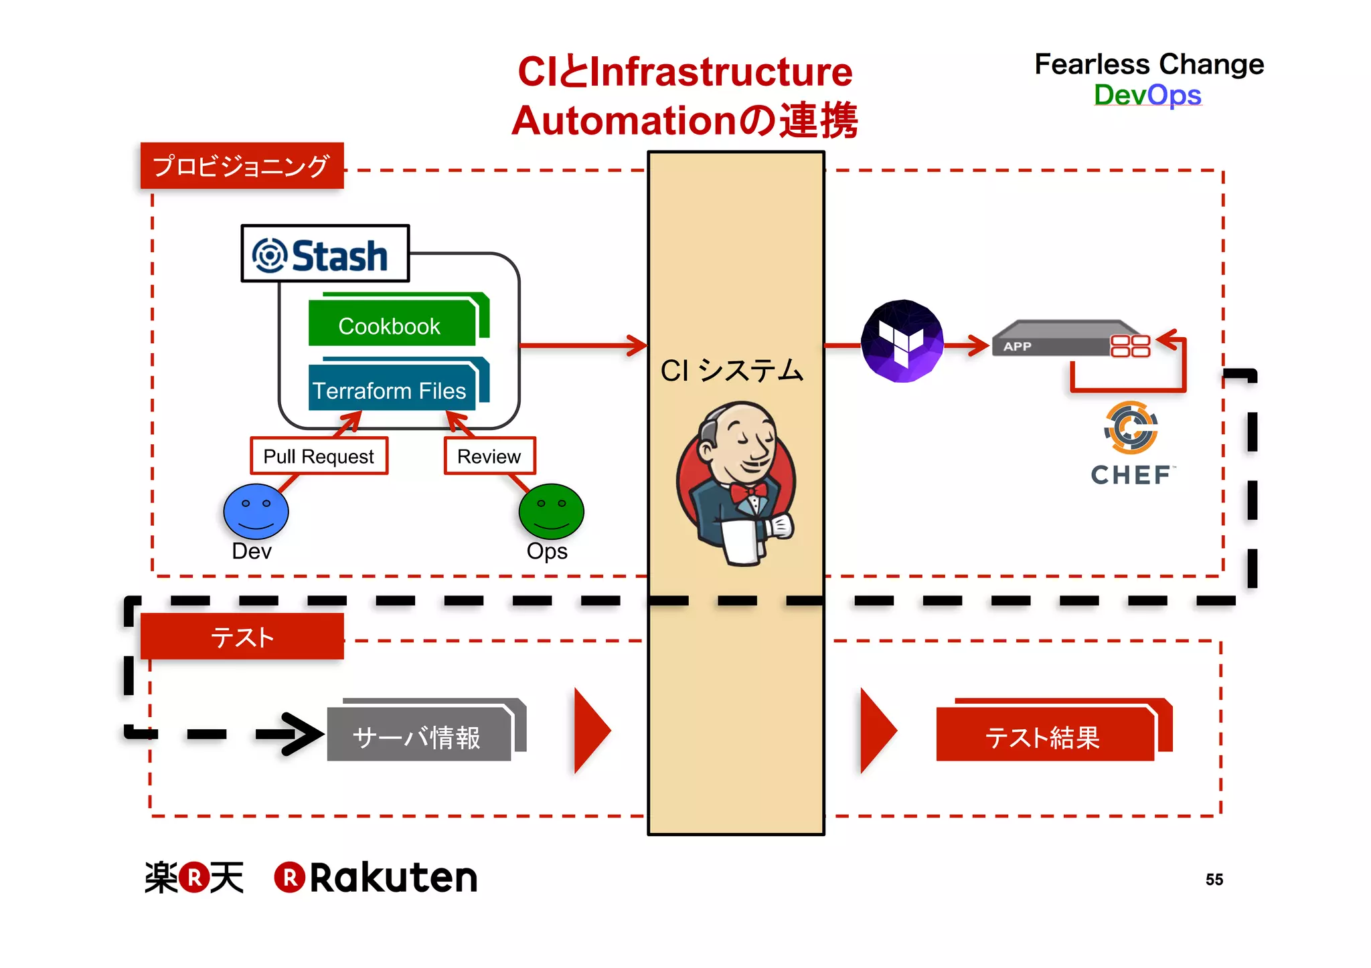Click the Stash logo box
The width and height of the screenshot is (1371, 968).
point(325,254)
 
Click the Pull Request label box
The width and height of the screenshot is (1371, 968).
point(319,456)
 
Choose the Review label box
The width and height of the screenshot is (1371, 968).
point(489,456)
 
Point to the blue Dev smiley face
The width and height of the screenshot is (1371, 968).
point(256,512)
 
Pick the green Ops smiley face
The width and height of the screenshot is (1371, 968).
point(551,512)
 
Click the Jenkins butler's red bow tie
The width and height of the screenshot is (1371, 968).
point(748,492)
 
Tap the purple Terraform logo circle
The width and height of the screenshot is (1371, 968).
point(902,341)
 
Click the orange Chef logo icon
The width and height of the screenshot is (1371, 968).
point(1131,427)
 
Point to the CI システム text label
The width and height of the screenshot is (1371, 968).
point(732,371)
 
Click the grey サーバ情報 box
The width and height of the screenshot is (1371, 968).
point(419,736)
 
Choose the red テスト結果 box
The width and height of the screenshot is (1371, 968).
point(1044,736)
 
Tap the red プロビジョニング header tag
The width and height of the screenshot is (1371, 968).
point(242,165)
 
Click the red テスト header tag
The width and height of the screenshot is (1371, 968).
point(242,636)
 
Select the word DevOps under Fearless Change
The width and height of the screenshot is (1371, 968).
point(1147,95)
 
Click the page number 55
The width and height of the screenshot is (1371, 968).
point(1214,879)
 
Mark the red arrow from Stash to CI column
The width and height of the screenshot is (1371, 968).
point(582,345)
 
